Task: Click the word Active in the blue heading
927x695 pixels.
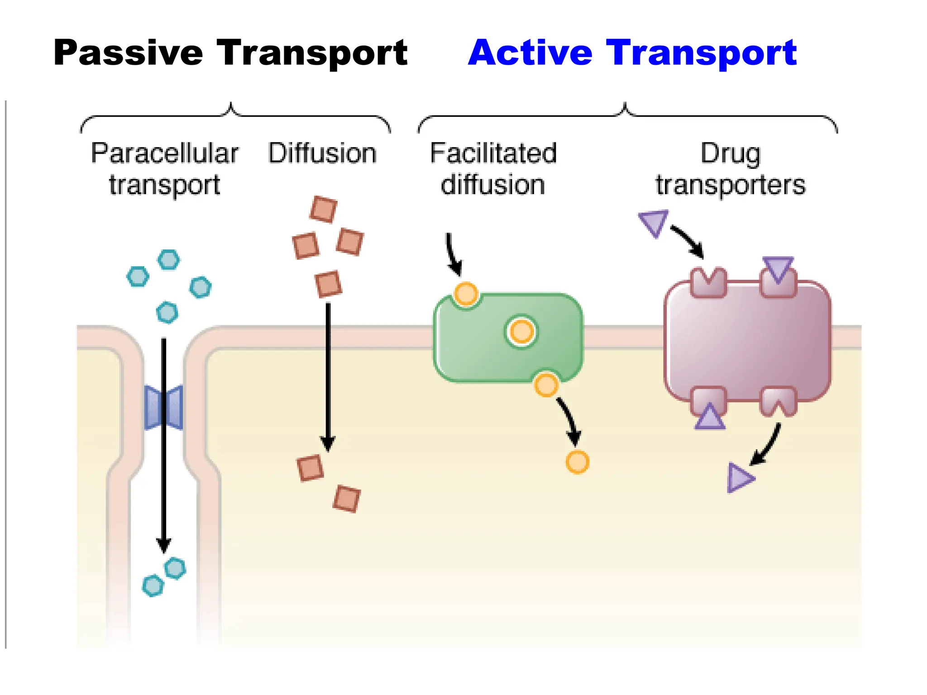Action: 530,53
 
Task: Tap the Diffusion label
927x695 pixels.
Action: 322,153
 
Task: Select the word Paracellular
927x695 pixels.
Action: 165,153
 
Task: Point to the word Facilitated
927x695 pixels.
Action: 493,153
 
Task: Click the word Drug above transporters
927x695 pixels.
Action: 730,153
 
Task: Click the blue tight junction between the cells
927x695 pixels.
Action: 164,407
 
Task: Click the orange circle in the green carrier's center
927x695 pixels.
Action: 521,332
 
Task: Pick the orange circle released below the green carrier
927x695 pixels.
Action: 577,462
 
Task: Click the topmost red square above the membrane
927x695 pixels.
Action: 324,209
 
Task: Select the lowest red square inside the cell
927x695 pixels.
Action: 347,499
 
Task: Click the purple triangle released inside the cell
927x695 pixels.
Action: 739,478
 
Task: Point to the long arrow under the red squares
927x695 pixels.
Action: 328,376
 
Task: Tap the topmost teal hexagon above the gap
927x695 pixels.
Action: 168,260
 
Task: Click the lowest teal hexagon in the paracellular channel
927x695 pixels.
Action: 153,586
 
